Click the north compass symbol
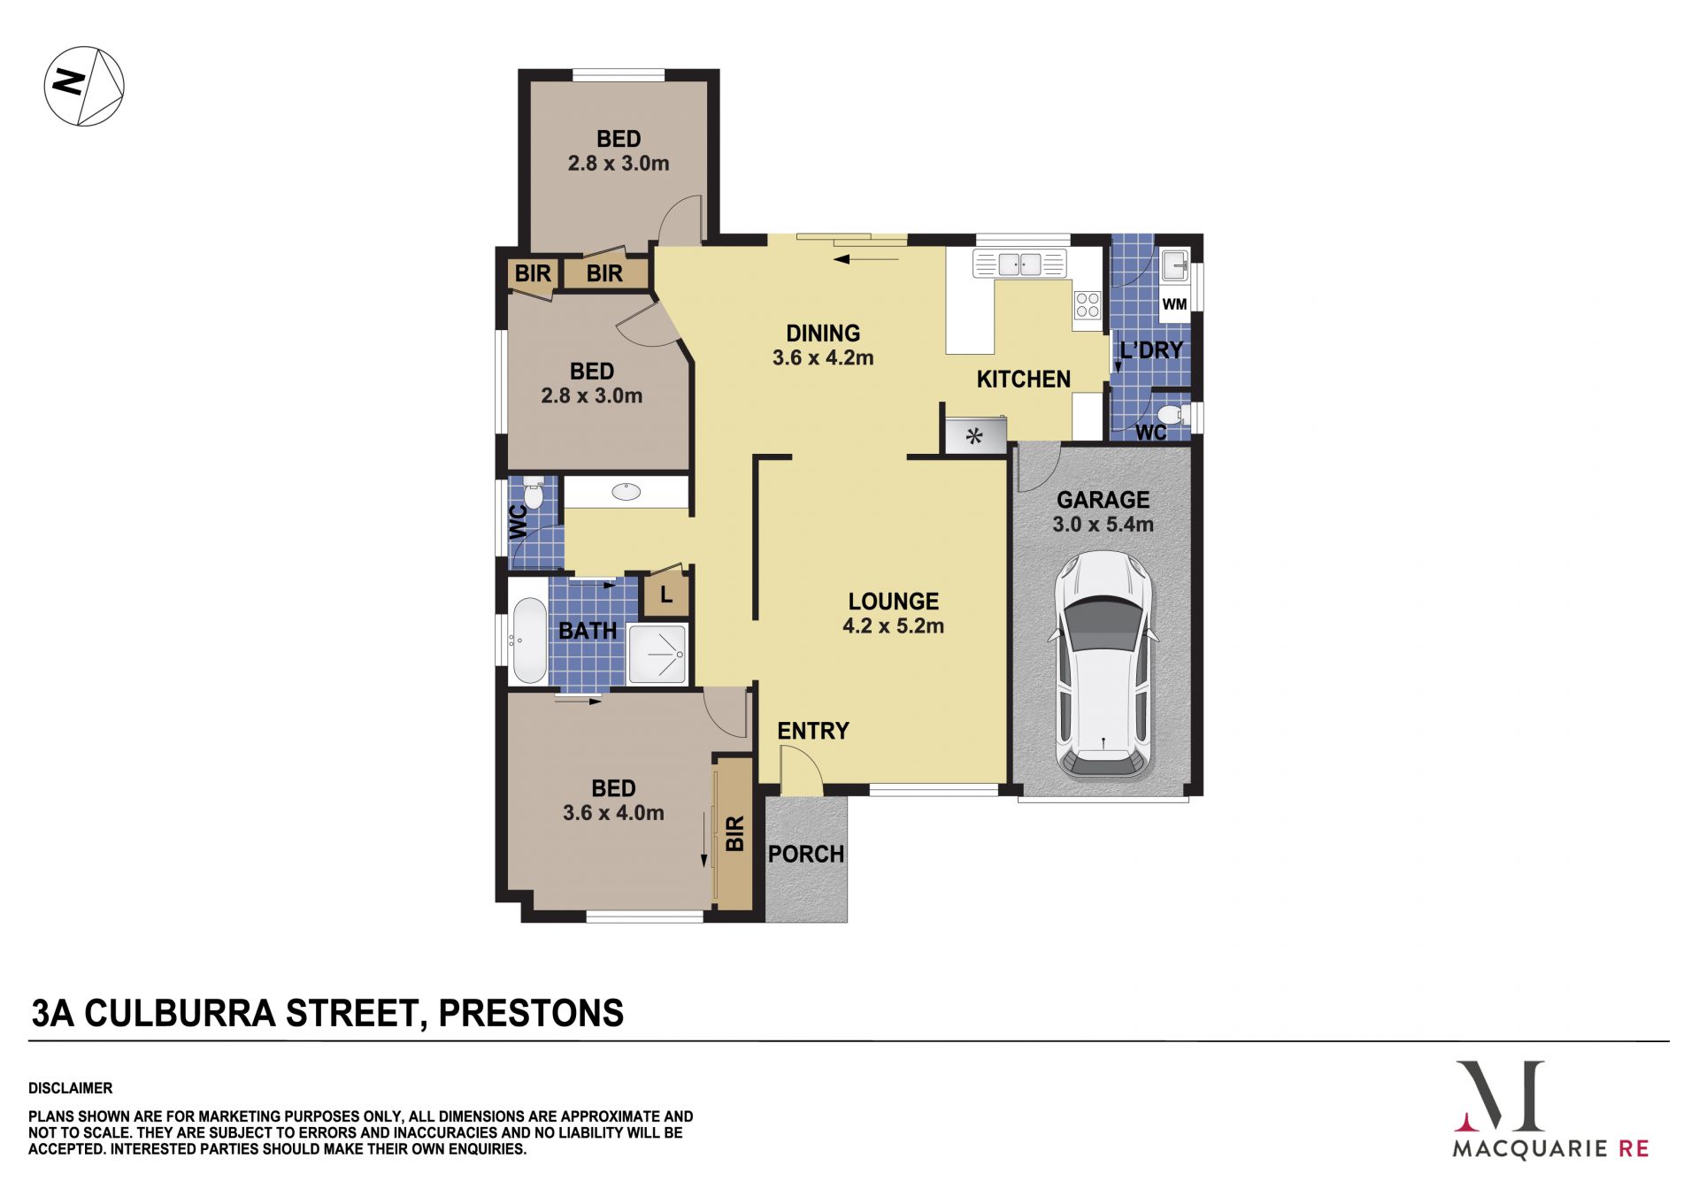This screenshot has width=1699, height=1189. (84, 86)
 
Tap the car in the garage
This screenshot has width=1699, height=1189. (1103, 664)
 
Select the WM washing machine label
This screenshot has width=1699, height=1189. (1174, 304)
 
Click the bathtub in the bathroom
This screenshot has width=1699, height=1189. (529, 641)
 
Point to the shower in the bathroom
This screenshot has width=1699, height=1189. (657, 655)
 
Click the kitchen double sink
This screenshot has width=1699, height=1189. (1019, 264)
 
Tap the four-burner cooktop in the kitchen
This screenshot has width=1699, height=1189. (1088, 305)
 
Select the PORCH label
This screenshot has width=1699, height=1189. (805, 854)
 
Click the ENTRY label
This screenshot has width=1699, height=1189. (813, 731)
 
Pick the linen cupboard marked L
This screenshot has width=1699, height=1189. (665, 594)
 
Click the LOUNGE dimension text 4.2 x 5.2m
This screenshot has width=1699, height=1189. (893, 626)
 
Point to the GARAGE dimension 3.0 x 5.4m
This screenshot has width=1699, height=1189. (1103, 525)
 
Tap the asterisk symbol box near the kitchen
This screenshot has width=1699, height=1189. (975, 435)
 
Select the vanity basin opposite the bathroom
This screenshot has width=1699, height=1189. (627, 491)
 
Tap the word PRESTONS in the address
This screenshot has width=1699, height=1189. (531, 1013)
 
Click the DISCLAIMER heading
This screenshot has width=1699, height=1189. (71, 1088)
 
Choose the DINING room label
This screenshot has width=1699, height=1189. (823, 334)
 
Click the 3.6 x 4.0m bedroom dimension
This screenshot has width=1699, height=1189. (613, 813)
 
